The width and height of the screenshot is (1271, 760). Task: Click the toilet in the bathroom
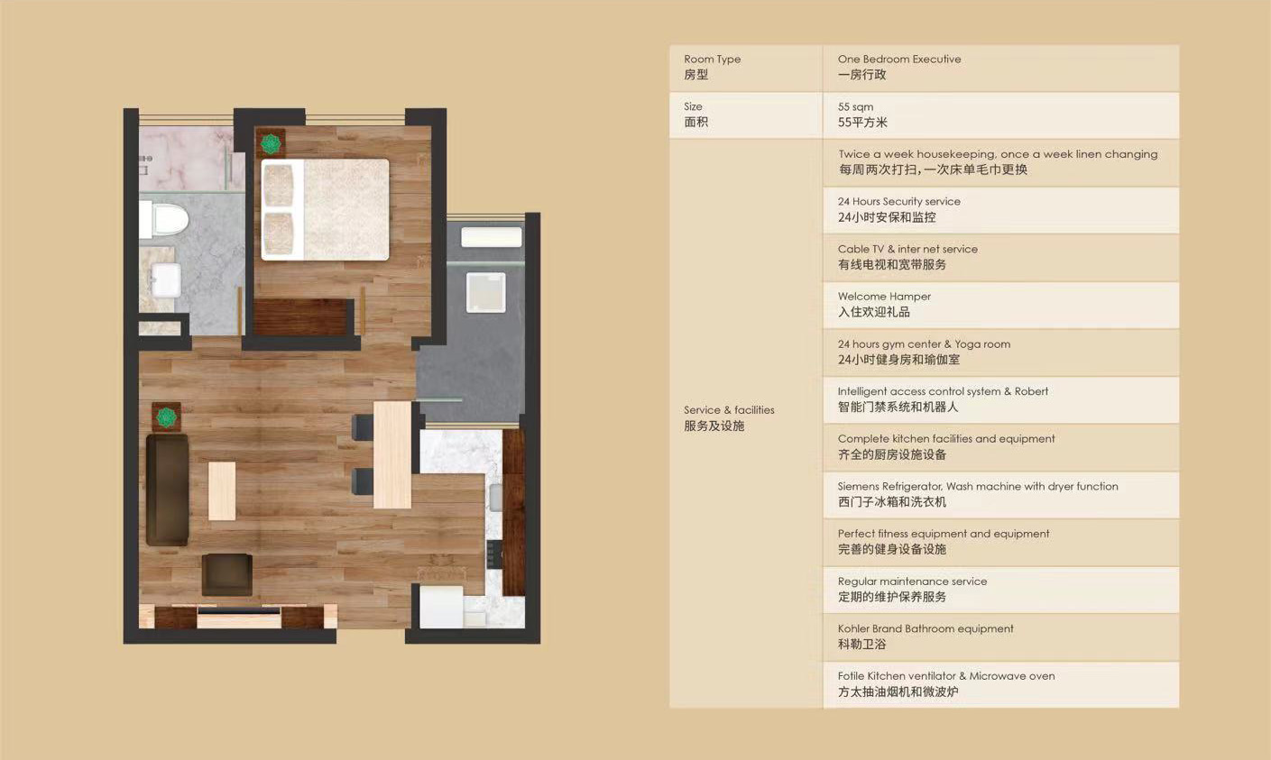(x=164, y=219)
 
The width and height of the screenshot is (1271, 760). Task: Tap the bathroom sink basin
(x=166, y=279)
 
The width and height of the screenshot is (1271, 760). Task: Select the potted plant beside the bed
(x=271, y=143)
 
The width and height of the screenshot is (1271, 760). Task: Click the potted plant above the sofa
(x=166, y=417)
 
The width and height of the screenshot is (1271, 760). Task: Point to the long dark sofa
(x=168, y=490)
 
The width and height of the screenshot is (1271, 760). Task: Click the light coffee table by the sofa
(x=222, y=491)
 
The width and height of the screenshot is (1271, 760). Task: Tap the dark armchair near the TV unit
(x=227, y=574)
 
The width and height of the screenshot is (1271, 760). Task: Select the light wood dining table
(x=392, y=455)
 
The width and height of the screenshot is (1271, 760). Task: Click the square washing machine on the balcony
(x=485, y=293)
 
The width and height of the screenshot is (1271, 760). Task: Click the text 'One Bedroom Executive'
(x=899, y=59)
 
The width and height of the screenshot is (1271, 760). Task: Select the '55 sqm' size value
(x=856, y=106)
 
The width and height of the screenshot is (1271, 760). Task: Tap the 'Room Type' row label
(x=712, y=59)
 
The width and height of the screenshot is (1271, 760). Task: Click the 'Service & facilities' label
(x=729, y=409)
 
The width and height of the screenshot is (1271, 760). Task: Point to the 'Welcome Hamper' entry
(x=885, y=296)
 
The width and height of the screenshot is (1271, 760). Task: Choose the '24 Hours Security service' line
(x=899, y=201)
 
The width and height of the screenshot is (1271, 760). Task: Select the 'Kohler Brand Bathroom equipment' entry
(x=926, y=628)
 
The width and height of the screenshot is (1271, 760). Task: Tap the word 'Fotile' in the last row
(x=852, y=675)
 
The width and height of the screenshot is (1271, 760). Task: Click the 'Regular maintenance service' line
(x=912, y=581)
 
